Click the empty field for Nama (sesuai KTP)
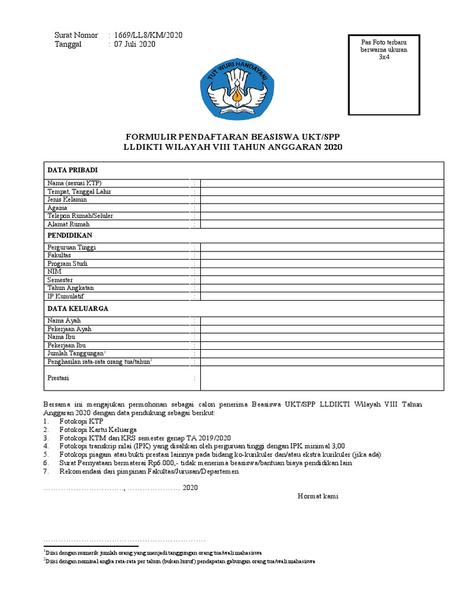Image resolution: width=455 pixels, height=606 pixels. pos(322,183)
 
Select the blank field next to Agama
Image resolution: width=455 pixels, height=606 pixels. pos(322,208)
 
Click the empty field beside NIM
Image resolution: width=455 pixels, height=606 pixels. pos(322,272)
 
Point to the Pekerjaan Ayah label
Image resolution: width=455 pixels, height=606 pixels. pos(69,329)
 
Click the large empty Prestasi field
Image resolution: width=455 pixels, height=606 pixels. pos(322,378)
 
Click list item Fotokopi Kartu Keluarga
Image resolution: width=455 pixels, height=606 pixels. pos(98,429)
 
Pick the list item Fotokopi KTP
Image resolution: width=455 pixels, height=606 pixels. pos(81,421)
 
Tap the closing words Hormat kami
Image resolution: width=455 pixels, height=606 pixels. pos(318,496)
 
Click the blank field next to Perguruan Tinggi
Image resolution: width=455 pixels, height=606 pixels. pos(322,247)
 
